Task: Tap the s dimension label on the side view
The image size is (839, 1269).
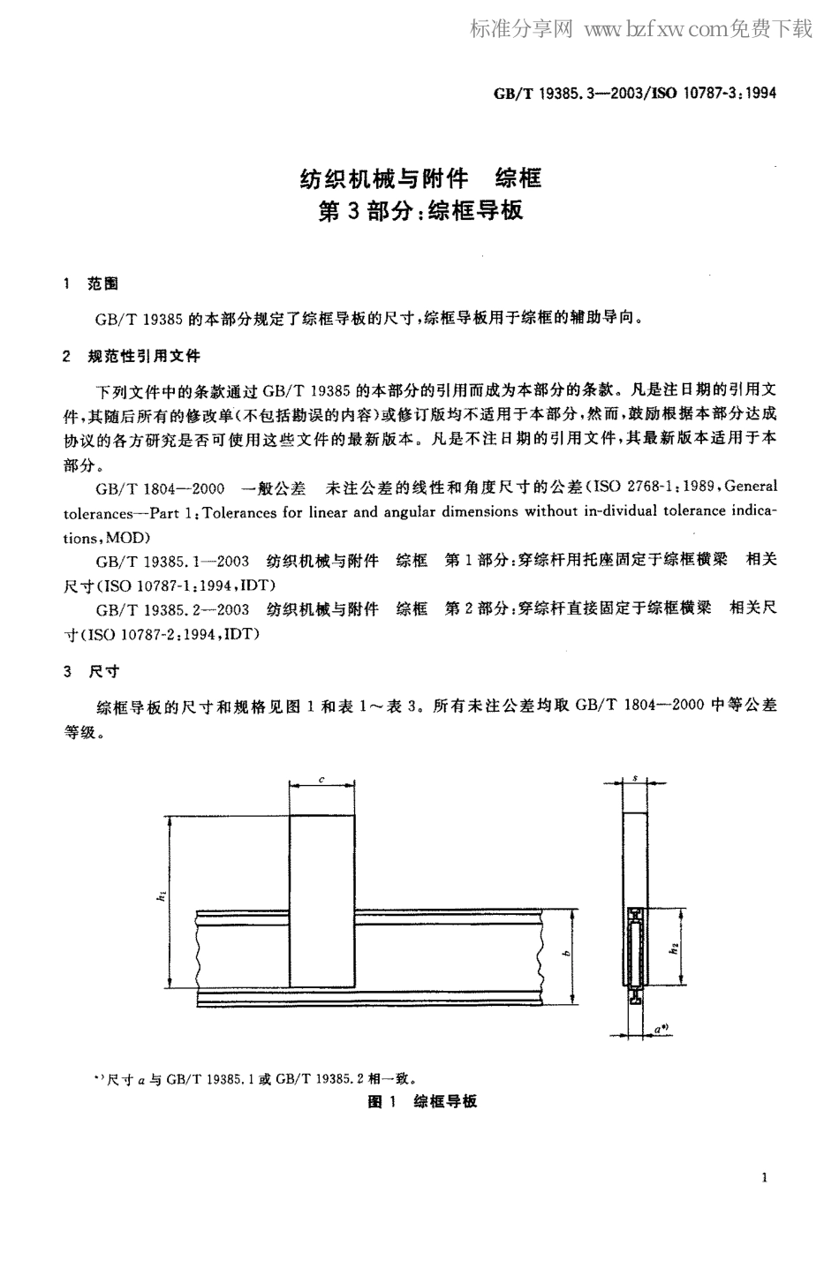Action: point(635,778)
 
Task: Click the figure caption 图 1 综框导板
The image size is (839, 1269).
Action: point(421,1101)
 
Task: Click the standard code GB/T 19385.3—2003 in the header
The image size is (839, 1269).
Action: point(558,93)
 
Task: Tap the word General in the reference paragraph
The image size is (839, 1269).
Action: point(751,486)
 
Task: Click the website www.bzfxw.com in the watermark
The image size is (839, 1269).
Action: point(653,31)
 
